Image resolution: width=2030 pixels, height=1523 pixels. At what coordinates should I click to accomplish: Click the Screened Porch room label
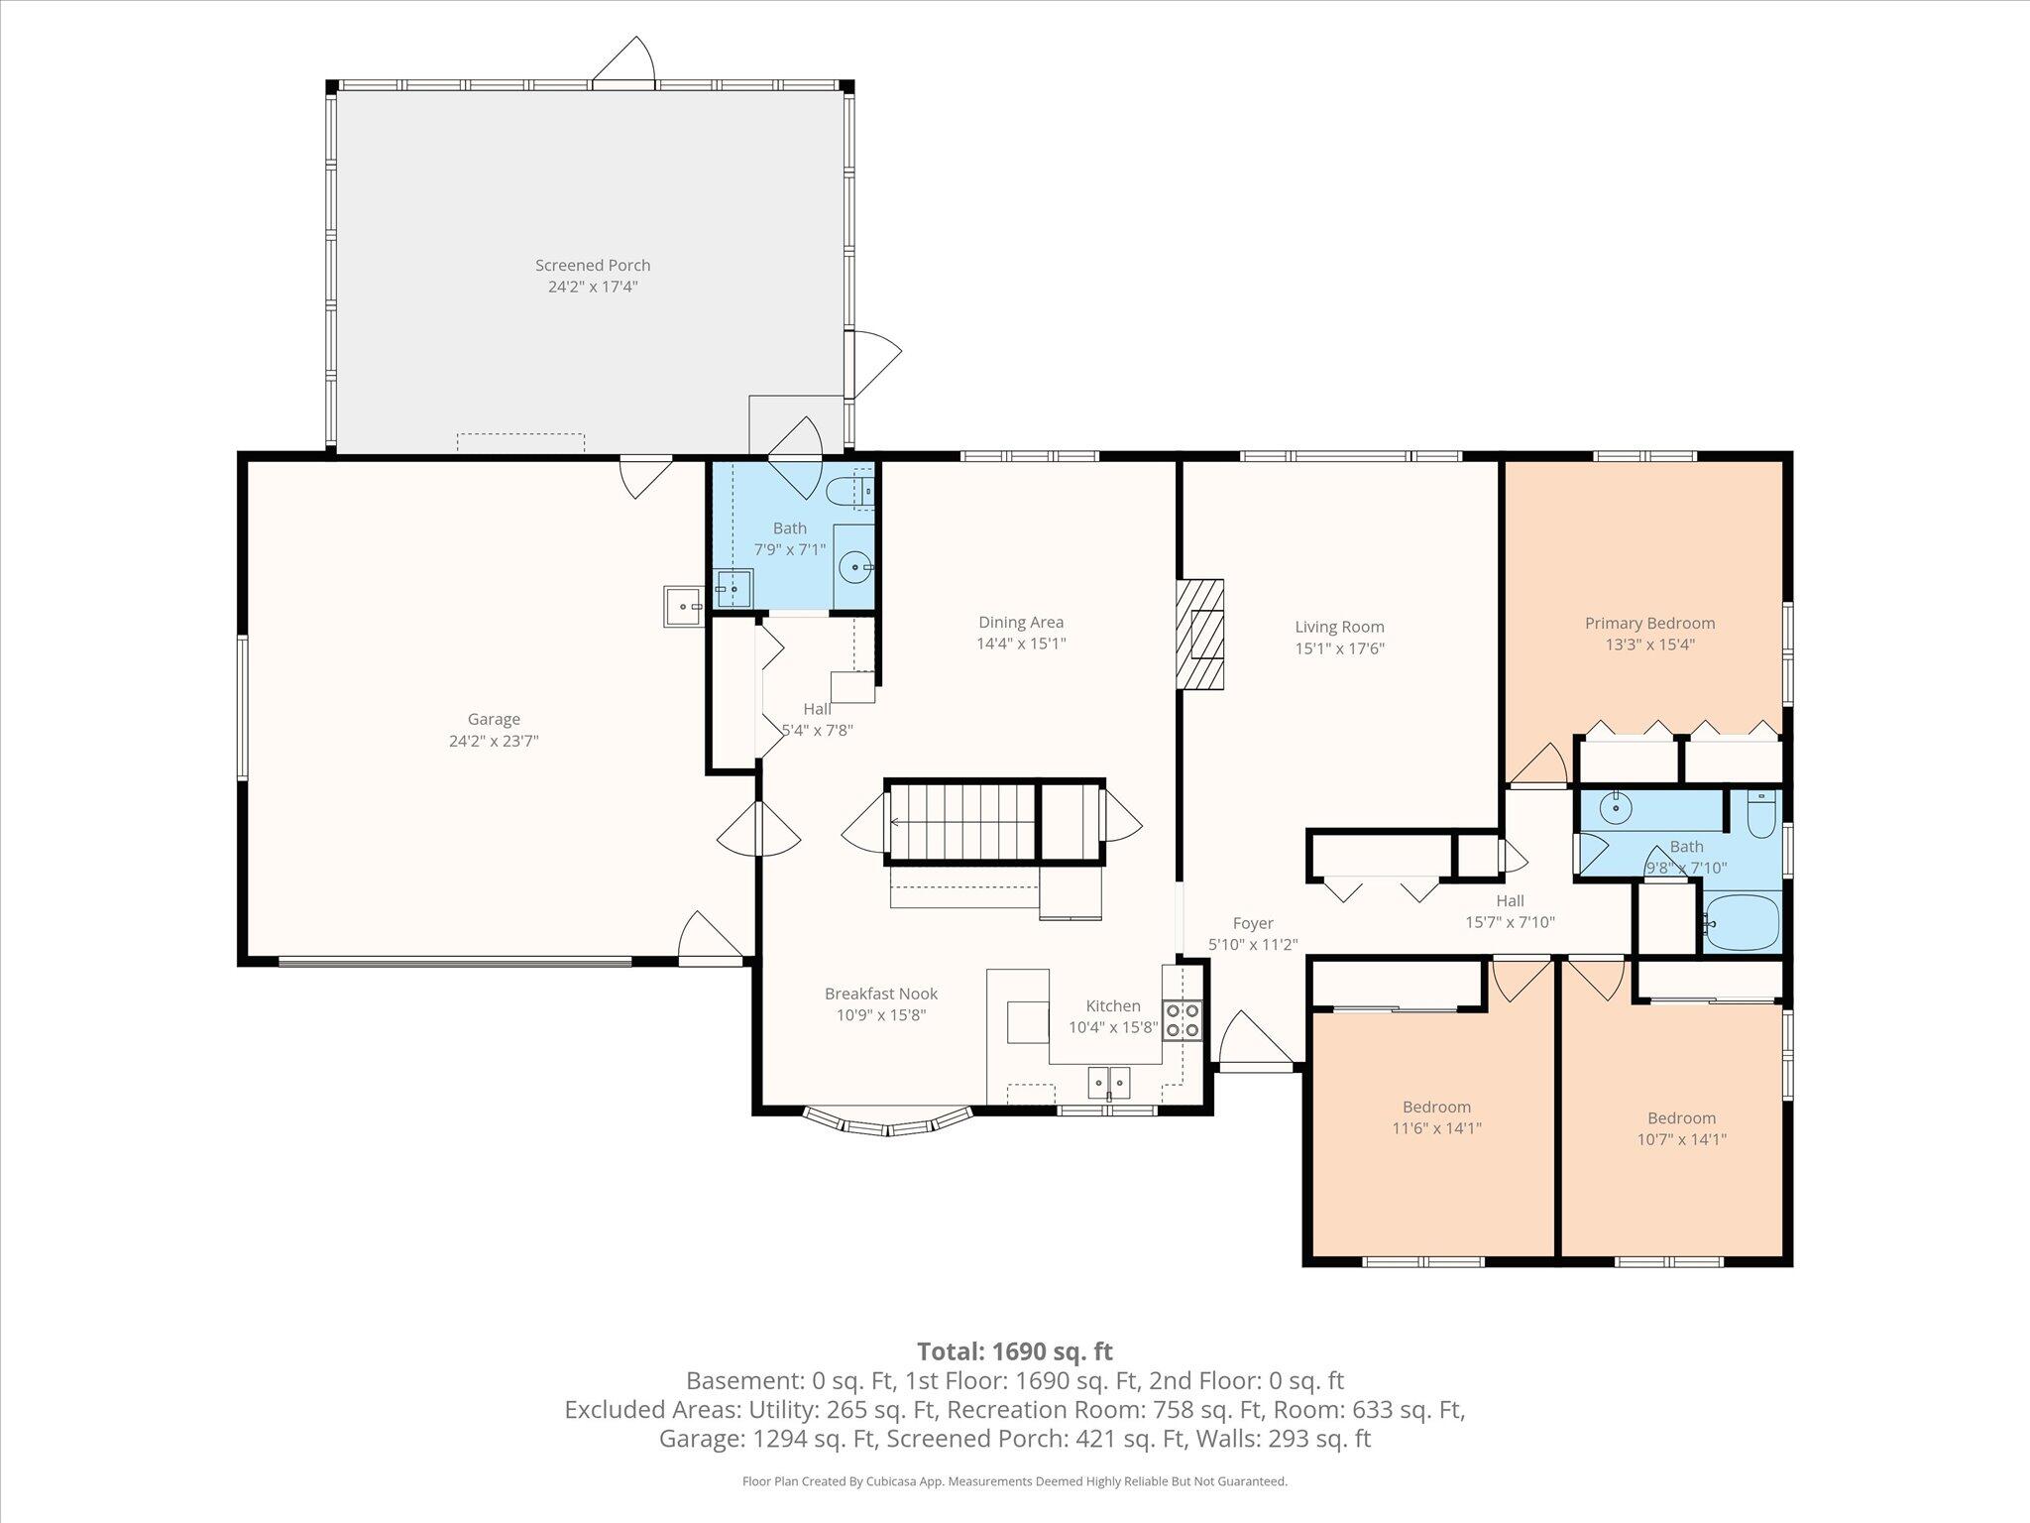tap(593, 265)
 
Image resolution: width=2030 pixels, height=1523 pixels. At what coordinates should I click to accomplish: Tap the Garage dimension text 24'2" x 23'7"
tap(494, 741)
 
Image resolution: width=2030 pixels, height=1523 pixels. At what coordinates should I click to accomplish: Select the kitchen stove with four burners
tap(1183, 1019)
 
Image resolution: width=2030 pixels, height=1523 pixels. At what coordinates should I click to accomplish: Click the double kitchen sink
tap(1110, 1082)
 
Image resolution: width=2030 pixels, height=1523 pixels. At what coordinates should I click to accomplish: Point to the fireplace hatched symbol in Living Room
tap(1200, 635)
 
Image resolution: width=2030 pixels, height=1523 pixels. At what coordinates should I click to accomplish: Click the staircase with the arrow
tap(961, 822)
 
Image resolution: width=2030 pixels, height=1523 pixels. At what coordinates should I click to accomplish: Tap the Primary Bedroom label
tap(1649, 623)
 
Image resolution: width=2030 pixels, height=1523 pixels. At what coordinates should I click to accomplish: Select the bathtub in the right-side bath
tap(1742, 922)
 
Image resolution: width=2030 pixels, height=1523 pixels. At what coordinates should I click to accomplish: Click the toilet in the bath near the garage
tap(850, 490)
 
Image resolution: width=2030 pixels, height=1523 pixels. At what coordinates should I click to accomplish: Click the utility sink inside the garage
tap(683, 606)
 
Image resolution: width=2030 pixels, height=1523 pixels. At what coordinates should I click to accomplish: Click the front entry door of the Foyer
tap(1256, 1041)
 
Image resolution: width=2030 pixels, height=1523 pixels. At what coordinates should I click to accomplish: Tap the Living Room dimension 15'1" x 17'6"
tap(1339, 648)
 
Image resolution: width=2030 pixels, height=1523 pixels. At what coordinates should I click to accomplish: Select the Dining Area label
tap(1021, 622)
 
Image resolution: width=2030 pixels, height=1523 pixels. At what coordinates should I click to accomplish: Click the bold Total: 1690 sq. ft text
tap(1015, 1351)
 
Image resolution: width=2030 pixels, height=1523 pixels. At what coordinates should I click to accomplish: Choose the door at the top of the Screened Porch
tap(623, 63)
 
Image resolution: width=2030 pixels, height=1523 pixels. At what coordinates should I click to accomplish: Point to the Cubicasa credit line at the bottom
tap(1015, 1481)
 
